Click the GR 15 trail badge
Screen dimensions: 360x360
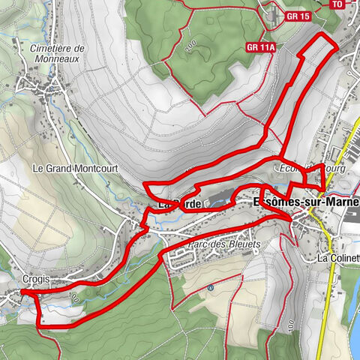[x=298, y=16]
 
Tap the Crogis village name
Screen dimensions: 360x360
[x=36, y=278]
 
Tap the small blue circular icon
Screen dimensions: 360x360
[x=211, y=286]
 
